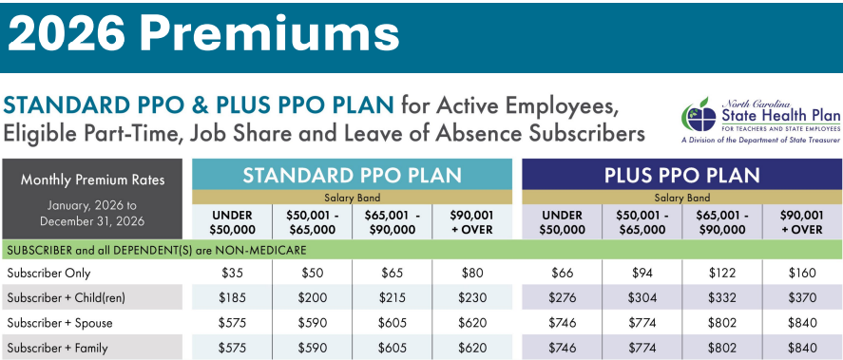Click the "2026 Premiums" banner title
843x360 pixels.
coord(203,34)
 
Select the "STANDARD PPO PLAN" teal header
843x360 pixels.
coord(353,175)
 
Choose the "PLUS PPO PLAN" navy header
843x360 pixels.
coord(682,175)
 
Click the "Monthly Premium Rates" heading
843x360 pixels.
coord(93,180)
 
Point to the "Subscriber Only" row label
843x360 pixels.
coord(48,273)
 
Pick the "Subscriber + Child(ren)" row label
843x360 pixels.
coord(67,297)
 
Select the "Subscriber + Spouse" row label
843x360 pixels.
coord(60,323)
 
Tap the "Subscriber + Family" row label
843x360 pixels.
coord(58,348)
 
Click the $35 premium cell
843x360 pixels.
coord(232,273)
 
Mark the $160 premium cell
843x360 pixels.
coord(802,273)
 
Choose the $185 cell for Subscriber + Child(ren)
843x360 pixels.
coord(232,297)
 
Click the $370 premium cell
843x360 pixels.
coord(802,297)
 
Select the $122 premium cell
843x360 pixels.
coord(722,273)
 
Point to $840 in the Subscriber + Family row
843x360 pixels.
coord(802,348)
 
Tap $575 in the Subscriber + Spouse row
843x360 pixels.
coord(232,323)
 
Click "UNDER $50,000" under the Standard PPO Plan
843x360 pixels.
coord(232,222)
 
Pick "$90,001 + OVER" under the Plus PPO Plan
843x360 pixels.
coord(802,222)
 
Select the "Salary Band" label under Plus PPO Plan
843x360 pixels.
coord(682,198)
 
